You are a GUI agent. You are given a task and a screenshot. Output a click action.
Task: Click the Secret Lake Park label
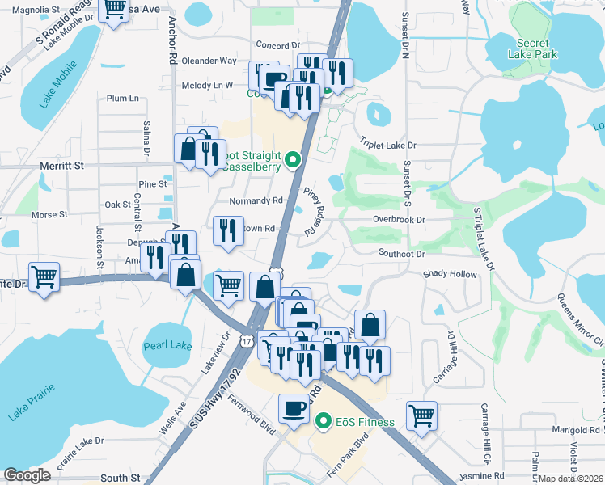[533, 48]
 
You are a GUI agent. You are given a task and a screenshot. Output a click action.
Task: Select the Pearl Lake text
[167, 346]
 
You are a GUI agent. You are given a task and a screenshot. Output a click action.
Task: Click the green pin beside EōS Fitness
[324, 421]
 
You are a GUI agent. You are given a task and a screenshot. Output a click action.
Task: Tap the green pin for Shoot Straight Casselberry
[294, 159]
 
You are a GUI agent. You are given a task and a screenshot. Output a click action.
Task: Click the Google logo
[27, 475]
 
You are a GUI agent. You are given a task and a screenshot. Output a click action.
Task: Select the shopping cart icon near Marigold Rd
[422, 415]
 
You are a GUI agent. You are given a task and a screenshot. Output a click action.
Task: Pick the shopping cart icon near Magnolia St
[114, 9]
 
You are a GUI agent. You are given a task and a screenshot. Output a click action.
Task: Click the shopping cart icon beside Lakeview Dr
[229, 284]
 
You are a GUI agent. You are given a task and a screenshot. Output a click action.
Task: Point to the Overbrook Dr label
[399, 219]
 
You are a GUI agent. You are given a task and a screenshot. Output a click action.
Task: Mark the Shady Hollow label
[451, 273]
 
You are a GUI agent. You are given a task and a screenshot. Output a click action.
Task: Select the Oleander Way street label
[209, 61]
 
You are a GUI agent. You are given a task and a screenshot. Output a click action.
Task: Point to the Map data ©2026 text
[571, 479]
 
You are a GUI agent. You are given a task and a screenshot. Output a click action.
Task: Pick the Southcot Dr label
[402, 253]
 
